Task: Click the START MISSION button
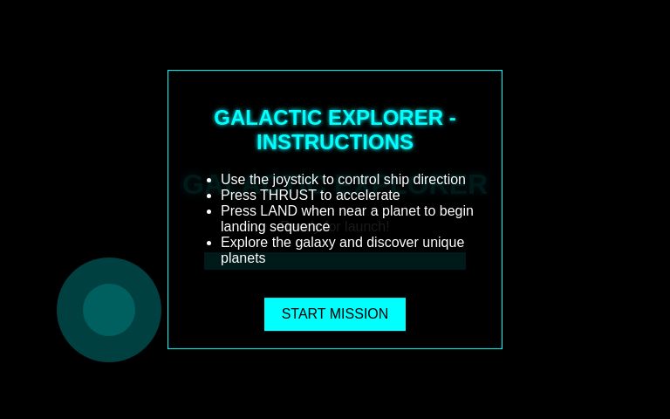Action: click(335, 314)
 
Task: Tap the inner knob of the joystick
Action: click(109, 310)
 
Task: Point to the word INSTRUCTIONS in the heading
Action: click(335, 142)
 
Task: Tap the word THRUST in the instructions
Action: click(288, 196)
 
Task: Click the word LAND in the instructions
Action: click(279, 211)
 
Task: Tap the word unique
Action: click(441, 243)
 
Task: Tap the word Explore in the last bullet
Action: click(244, 243)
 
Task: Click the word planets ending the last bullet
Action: click(243, 258)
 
